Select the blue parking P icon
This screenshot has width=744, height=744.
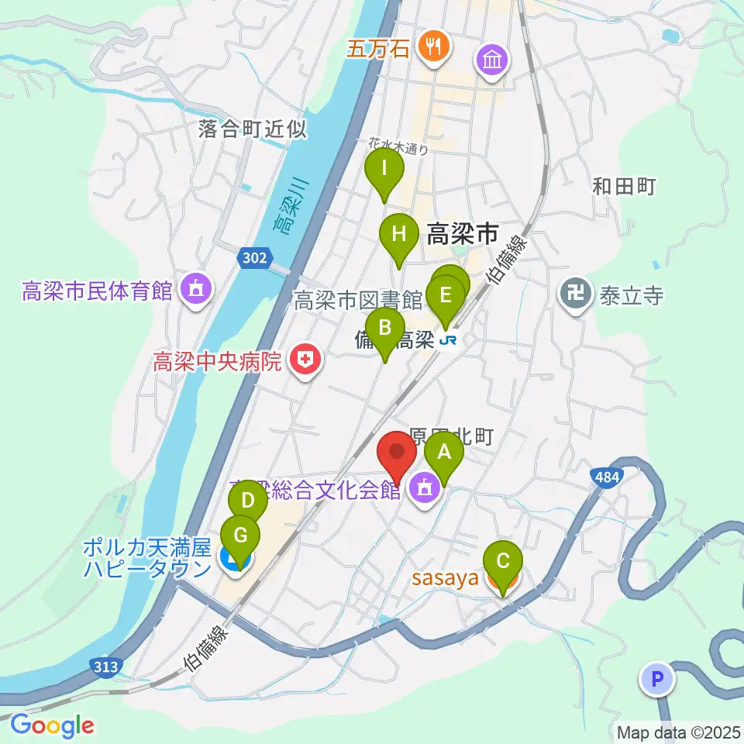point(657,680)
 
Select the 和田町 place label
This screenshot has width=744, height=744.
point(624,186)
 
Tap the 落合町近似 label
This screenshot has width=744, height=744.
point(252,129)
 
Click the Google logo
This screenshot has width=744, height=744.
point(53,726)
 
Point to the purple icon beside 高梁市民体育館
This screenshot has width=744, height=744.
point(194,291)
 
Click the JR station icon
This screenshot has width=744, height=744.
point(447,340)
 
